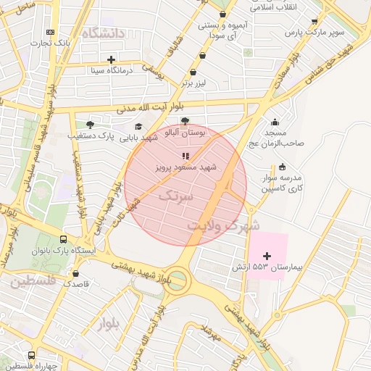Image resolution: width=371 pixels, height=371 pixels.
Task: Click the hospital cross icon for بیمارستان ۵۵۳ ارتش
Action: pyautogui.click(x=267, y=256)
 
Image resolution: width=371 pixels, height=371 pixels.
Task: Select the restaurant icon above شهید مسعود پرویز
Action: pyautogui.click(x=185, y=155)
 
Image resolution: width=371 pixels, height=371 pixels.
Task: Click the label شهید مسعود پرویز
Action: pyautogui.click(x=186, y=167)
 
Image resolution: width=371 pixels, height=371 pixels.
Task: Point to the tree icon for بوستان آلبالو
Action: pyautogui.click(x=185, y=122)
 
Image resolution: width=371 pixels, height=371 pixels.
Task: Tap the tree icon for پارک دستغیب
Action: pyautogui.click(x=90, y=125)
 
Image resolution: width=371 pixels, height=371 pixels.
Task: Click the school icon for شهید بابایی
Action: pyautogui.click(x=138, y=127)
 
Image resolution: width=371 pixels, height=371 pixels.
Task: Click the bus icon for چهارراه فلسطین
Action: pyautogui.click(x=31, y=355)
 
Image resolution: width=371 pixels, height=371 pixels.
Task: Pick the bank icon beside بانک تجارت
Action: pyautogui.click(x=49, y=32)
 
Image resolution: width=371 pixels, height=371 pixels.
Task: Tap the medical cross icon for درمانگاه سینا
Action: pyautogui.click(x=110, y=59)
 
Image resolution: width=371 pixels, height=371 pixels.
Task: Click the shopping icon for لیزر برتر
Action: pyautogui.click(x=193, y=72)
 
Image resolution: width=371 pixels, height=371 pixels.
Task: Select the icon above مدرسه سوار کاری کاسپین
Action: pyautogui.click(x=282, y=167)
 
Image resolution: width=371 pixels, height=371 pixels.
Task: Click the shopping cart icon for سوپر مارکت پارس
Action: pyautogui.click(x=314, y=22)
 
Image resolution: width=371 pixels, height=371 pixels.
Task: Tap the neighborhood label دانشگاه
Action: pyautogui.click(x=104, y=33)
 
